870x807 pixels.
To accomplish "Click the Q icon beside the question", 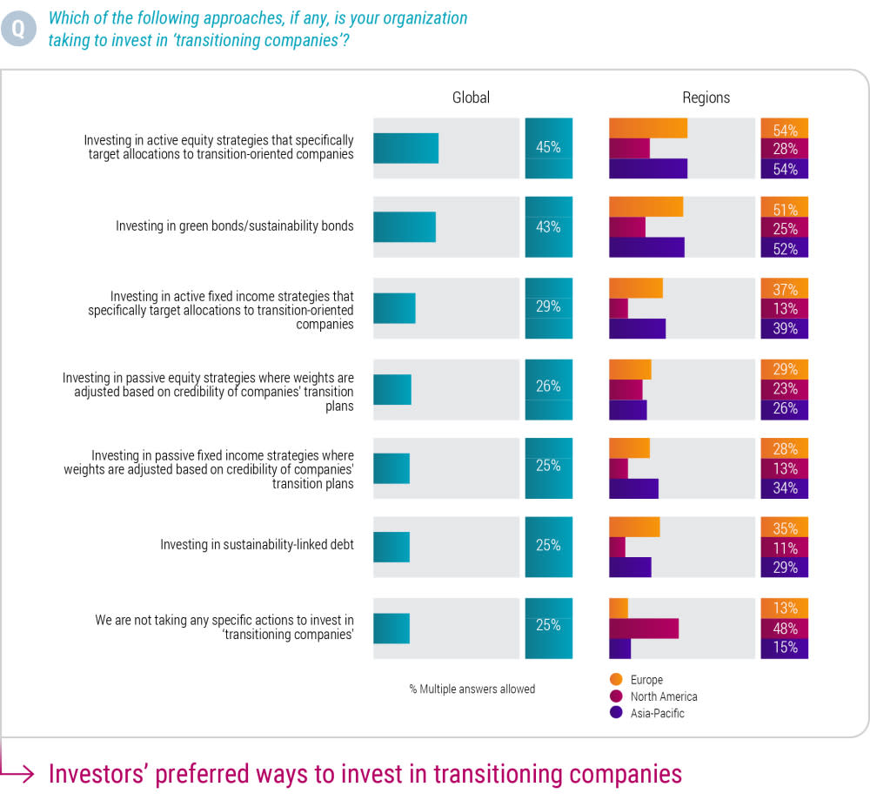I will click(x=18, y=29).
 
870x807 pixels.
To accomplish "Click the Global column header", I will click(x=471, y=98).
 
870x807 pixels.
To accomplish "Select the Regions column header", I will click(x=706, y=98).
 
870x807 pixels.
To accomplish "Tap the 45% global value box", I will click(x=548, y=148).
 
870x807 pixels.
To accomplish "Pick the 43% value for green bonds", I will click(x=548, y=227).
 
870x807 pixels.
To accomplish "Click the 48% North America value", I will click(x=785, y=629).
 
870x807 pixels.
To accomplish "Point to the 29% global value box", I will click(x=548, y=307).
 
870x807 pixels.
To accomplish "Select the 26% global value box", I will click(x=548, y=387).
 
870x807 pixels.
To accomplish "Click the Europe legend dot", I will click(x=617, y=680).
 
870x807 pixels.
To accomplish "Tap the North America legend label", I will click(x=664, y=696).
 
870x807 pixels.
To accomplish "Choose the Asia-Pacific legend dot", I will click(x=617, y=713).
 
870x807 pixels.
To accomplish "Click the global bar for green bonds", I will click(x=405, y=227).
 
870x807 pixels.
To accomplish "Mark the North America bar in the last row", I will click(x=644, y=629).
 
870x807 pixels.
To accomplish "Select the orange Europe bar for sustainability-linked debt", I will click(x=634, y=527).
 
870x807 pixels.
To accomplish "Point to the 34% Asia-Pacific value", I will click(x=785, y=488).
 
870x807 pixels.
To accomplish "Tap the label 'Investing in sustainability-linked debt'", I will click(x=257, y=546).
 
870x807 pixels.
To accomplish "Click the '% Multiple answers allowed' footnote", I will click(x=472, y=689).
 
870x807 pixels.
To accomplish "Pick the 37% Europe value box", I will click(x=785, y=289).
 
